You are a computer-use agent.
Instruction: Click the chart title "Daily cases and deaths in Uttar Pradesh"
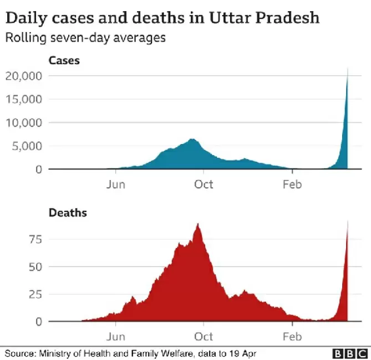[x=162, y=18]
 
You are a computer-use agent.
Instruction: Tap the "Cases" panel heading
[x=64, y=60]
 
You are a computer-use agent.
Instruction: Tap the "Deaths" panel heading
[x=68, y=212]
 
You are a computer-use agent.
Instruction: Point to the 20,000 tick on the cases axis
[x=24, y=76]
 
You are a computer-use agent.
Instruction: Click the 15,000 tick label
[x=24, y=99]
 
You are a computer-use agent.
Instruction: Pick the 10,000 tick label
[x=24, y=122]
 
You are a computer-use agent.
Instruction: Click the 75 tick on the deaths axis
[x=35, y=239]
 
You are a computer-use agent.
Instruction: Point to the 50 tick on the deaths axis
[x=35, y=266]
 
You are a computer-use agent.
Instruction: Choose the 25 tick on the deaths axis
[x=35, y=294]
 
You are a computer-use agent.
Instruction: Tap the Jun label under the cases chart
[x=116, y=184]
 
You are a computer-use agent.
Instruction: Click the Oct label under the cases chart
[x=204, y=184]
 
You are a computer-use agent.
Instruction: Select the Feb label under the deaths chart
[x=292, y=336]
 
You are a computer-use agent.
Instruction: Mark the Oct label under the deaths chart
[x=204, y=336]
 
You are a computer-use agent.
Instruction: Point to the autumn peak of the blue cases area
[x=192, y=140]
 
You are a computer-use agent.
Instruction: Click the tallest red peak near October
[x=198, y=224]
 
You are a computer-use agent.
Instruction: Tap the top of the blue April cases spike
[x=347, y=69]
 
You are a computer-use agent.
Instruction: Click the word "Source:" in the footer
[x=21, y=353]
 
